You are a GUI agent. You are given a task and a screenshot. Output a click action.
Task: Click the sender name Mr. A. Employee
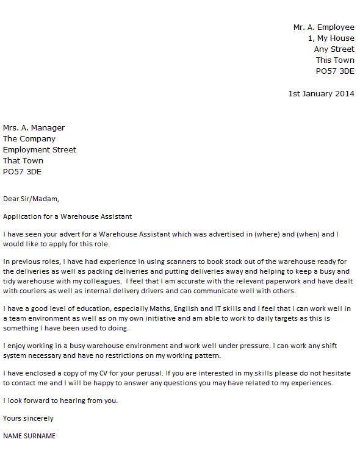(323, 27)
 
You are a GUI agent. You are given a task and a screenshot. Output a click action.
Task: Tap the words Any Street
(334, 49)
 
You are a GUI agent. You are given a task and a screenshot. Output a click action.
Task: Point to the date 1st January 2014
(321, 94)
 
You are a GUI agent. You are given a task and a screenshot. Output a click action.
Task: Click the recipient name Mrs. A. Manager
(34, 128)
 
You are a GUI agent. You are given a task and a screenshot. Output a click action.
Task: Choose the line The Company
(29, 139)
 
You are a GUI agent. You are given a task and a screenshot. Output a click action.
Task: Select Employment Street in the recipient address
(40, 150)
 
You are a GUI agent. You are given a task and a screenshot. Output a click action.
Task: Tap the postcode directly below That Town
(23, 172)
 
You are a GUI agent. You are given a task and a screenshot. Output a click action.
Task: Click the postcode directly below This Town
(335, 71)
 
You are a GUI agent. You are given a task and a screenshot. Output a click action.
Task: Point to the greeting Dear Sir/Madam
(32, 199)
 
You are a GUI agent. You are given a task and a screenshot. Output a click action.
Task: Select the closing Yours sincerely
(28, 419)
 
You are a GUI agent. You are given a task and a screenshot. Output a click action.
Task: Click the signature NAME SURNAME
(29, 436)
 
